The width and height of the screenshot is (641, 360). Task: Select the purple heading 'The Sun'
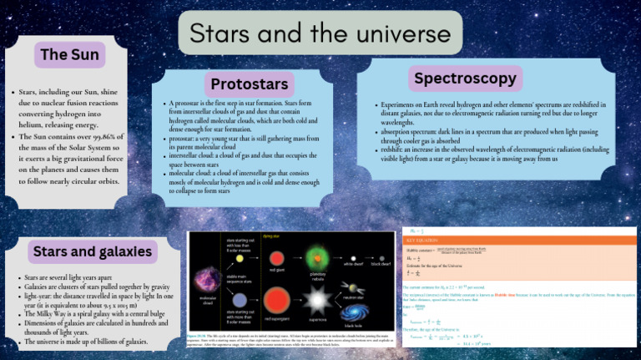(x=70, y=55)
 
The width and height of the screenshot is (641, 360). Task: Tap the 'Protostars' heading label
(x=250, y=84)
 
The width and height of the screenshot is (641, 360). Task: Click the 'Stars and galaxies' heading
(x=92, y=251)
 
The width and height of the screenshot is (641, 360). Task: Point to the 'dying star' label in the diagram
(x=270, y=236)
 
